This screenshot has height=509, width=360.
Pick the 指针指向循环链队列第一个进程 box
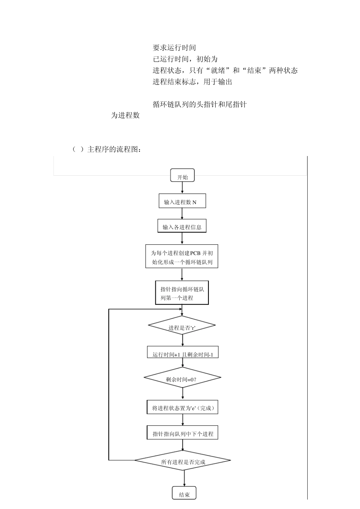tap(182, 292)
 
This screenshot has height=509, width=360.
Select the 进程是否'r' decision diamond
tap(182, 326)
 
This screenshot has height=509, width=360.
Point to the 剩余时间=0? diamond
tap(182, 378)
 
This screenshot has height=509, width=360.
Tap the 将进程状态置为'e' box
tap(182, 408)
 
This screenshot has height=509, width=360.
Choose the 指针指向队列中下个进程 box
tap(182, 433)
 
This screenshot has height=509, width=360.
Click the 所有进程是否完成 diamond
tap(183, 461)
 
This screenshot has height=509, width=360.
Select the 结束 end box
tap(184, 493)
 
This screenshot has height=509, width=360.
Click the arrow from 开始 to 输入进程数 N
tap(182, 188)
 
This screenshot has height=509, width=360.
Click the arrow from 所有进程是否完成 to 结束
tap(184, 479)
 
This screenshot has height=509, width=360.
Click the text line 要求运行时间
tap(174, 48)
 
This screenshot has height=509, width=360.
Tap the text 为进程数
tap(125, 116)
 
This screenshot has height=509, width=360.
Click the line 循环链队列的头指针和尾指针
tap(200, 105)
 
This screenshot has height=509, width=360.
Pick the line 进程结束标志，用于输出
tap(192, 82)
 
